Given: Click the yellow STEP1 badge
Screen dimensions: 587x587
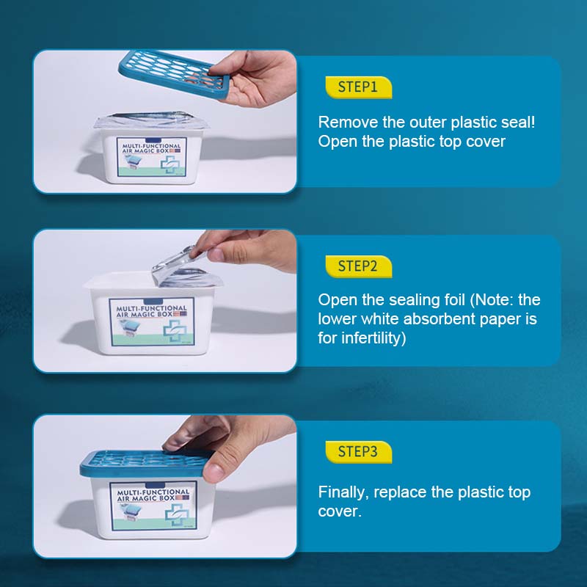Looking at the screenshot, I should (357, 87).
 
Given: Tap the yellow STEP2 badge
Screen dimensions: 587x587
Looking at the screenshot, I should (357, 266).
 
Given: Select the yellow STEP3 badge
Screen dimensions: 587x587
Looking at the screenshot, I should (357, 452).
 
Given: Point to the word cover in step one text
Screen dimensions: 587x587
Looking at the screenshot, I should (486, 142).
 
